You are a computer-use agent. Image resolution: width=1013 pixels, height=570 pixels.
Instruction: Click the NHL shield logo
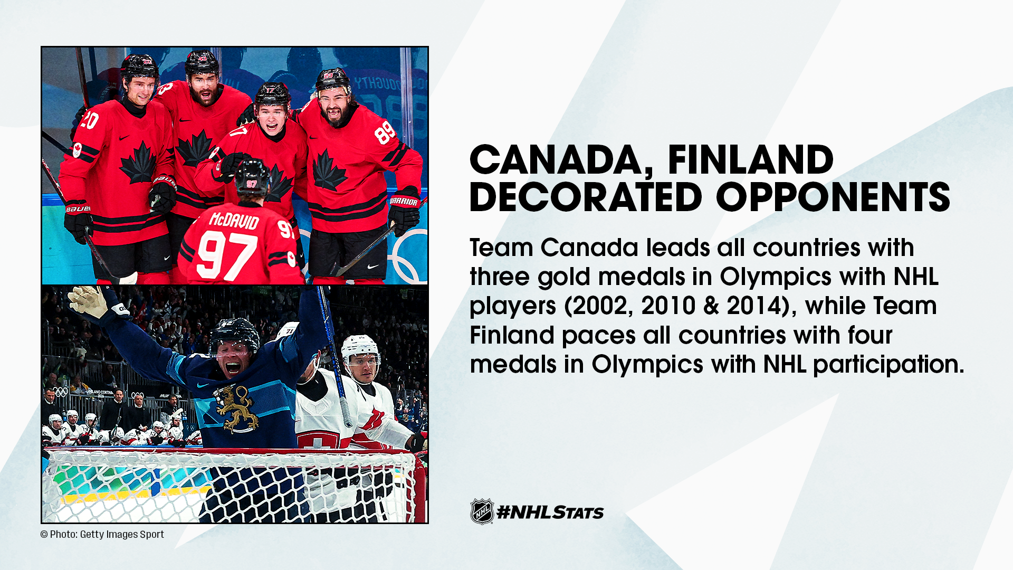482,511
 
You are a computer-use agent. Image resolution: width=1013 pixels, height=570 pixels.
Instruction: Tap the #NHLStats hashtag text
550,512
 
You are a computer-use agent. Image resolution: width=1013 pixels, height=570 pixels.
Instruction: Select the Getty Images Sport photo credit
102,534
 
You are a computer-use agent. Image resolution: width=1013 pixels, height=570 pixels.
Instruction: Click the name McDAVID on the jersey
234,221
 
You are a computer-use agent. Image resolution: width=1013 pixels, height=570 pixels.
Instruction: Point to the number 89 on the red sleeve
385,132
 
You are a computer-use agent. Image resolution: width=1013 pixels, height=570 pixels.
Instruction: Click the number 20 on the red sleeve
88,120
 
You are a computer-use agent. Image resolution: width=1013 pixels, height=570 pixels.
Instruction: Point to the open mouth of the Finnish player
233,367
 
